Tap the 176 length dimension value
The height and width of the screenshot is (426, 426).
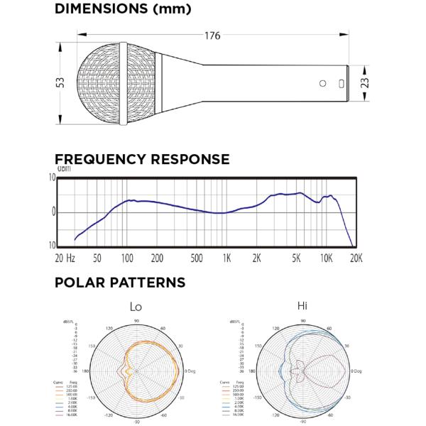(212, 35)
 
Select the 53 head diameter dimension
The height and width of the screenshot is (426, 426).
(61, 83)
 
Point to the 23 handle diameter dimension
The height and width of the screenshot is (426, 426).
(364, 83)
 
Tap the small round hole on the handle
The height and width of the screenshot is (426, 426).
(323, 83)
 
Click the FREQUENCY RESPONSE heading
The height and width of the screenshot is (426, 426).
(142, 159)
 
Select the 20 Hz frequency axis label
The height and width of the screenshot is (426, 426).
(65, 258)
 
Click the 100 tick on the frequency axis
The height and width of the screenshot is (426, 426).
(128, 258)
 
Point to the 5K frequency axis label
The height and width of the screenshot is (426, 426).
(296, 258)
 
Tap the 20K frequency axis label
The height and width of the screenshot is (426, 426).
(355, 258)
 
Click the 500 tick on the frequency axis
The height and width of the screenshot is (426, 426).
(197, 258)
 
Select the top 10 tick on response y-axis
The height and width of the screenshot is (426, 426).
(51, 177)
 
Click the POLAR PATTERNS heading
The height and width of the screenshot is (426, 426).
(120, 283)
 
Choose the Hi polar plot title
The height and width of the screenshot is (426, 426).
(302, 306)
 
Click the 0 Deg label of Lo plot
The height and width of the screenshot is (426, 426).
(192, 371)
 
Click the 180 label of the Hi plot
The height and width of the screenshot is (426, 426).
(248, 371)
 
